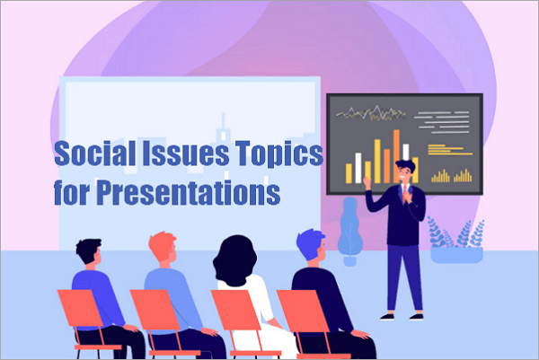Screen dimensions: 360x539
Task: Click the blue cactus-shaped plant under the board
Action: (x=350, y=224)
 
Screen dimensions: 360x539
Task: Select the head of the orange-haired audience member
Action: (x=162, y=248)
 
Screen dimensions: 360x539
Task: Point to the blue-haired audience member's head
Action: (x=310, y=245)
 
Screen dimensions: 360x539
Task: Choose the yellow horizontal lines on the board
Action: (x=449, y=148)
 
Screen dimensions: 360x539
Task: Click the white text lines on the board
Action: (x=446, y=117)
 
